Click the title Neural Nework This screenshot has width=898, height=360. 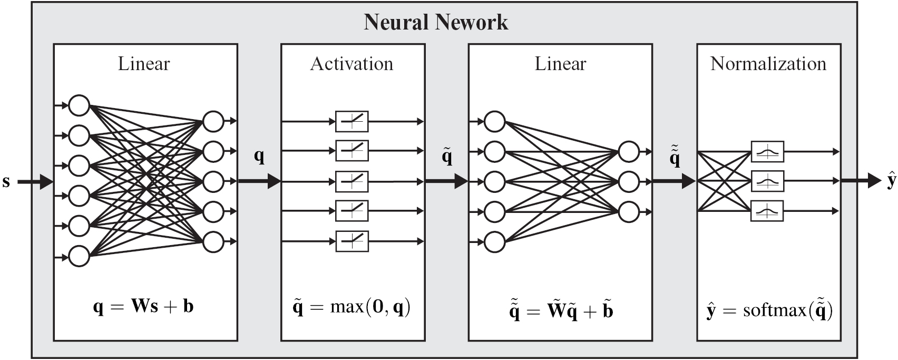pos(436,22)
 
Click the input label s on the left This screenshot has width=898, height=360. pos(6,182)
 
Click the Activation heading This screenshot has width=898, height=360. pos(352,64)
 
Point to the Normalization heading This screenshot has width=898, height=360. pos(768,64)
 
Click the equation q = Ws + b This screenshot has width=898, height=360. pos(143,306)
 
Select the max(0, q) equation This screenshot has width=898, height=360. pos(352,307)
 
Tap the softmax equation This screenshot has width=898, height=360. pos(769,310)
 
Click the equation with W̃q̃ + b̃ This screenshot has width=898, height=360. pos(560,310)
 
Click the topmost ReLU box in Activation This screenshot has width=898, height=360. pos(352,122)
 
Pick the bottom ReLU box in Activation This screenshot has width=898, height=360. pos(352,241)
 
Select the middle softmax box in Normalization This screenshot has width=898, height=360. pos(767,181)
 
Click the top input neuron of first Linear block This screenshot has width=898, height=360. pos(79,105)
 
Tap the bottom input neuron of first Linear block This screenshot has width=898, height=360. pos(79,256)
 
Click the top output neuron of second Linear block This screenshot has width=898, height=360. pos(629,152)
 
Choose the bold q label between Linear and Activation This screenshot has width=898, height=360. pos(259,156)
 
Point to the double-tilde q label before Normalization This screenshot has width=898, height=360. pos(675,157)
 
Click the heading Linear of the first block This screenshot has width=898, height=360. pos(144,64)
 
